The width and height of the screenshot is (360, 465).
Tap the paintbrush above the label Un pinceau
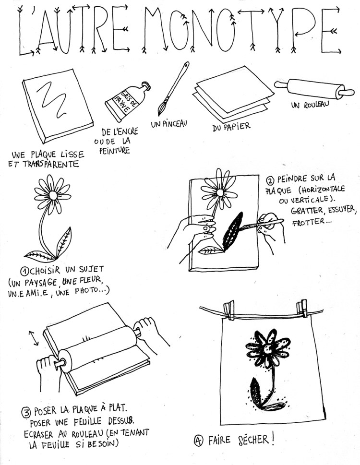173,89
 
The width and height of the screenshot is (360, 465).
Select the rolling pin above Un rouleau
314,88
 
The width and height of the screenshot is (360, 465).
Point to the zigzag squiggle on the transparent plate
53,99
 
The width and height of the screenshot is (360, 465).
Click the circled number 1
24,271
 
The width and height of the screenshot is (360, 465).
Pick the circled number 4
199,441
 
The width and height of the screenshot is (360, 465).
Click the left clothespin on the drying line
228,310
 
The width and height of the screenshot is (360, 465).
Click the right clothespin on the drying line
302,309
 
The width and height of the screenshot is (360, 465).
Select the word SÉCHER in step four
253,440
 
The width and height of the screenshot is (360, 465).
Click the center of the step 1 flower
53,195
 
